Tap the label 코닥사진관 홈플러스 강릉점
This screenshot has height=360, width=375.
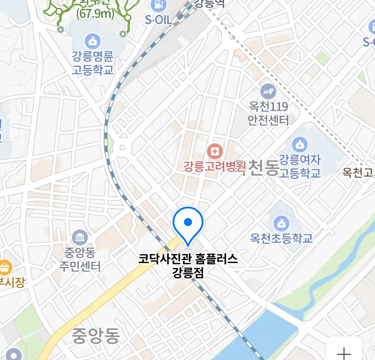(188, 265)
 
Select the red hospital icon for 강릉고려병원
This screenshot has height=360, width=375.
(215, 152)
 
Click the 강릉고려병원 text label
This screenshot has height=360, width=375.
(215, 166)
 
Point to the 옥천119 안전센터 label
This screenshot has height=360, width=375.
(268, 113)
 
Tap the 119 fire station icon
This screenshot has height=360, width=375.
(268, 91)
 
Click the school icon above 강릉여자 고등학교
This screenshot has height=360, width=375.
(299, 145)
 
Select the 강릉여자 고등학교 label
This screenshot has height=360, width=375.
(300, 166)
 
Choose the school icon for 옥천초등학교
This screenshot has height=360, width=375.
(281, 223)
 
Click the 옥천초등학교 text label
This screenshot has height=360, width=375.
(281, 238)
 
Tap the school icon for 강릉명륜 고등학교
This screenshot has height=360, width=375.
(93, 41)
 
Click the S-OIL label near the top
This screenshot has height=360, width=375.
(159, 20)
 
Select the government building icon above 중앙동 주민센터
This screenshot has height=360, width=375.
(80, 238)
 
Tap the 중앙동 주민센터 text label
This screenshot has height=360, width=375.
(80, 259)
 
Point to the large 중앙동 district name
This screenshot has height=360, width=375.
(96, 335)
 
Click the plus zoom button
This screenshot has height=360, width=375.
(344, 353)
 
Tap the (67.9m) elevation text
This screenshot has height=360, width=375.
(95, 14)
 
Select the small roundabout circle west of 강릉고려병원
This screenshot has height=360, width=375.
(122, 147)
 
